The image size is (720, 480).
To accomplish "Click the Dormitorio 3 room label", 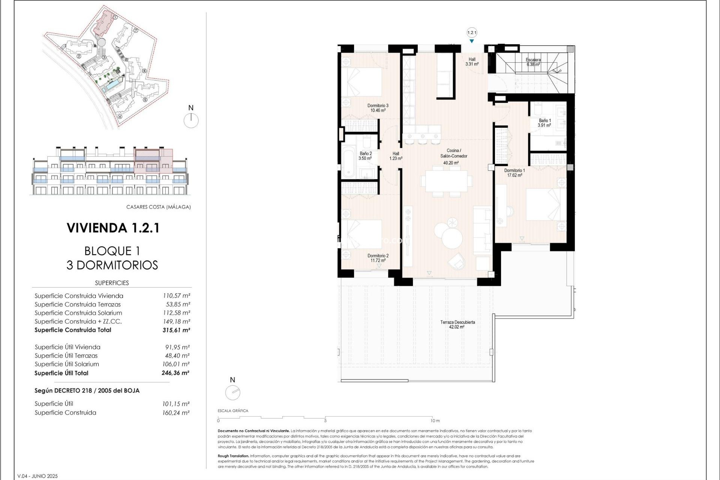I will [x=378, y=106].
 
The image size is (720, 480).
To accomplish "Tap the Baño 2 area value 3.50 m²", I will [x=365, y=159].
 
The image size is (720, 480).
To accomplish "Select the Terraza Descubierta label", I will [x=457, y=322].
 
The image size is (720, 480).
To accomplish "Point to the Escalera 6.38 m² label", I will [x=533, y=62].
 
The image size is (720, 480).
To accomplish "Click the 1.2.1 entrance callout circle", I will [x=472, y=33].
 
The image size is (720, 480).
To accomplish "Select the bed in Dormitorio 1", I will [x=546, y=204].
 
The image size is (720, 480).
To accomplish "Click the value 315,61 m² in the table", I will [x=176, y=330].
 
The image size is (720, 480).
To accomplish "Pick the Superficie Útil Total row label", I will [x=61, y=373].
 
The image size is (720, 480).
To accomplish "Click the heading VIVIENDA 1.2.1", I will [x=113, y=228].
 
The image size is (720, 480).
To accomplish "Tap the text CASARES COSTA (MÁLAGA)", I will [x=158, y=207].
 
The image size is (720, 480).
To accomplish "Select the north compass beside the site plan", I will [x=191, y=120].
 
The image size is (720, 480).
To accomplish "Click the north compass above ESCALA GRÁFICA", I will [x=232, y=393].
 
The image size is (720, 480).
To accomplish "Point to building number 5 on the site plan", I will [x=145, y=100].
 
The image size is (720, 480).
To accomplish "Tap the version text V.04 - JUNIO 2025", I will [x=37, y=476].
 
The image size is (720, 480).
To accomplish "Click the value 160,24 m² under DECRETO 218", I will [x=176, y=413].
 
